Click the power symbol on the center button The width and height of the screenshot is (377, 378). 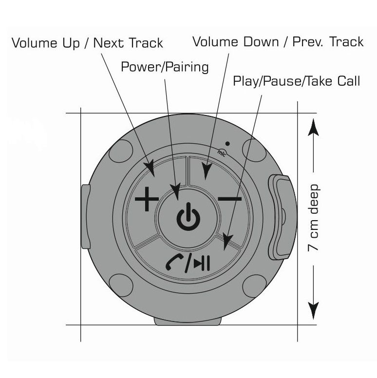[188, 217]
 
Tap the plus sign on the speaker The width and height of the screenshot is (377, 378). [147, 199]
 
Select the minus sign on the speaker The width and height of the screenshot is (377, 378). [229, 199]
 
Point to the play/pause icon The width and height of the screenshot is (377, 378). [202, 263]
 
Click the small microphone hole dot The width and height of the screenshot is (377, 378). [227, 144]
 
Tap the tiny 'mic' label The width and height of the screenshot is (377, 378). [222, 153]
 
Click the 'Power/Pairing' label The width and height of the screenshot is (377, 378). [165, 67]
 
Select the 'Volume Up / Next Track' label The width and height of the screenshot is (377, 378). [88, 43]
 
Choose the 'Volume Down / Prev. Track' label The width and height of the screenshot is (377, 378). [278, 42]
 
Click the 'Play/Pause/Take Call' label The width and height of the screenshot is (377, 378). [296, 81]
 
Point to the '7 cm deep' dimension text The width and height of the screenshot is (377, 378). [314, 218]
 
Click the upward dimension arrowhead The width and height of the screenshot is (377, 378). [313, 127]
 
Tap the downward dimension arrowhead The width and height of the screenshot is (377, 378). [313, 310]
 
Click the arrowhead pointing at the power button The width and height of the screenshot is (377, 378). [176, 191]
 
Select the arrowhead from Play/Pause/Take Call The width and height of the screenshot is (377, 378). [227, 242]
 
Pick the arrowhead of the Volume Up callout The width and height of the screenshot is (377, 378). [150, 169]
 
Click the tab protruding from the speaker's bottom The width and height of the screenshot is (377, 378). [188, 321]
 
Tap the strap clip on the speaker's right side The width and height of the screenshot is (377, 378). [280, 217]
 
